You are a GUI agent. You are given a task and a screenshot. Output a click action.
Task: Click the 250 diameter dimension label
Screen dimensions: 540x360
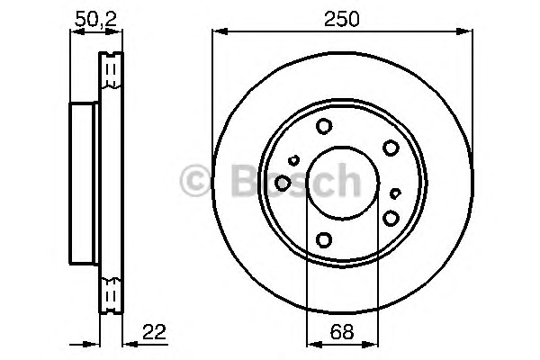(x=341, y=19)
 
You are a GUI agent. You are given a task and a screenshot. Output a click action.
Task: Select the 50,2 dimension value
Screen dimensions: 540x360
(x=96, y=19)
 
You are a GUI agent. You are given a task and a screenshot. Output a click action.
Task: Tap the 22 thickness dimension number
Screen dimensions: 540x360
(x=154, y=332)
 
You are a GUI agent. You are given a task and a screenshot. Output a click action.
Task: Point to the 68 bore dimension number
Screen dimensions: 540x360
(x=342, y=332)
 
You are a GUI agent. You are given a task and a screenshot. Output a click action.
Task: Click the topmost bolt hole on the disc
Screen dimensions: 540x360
(x=324, y=126)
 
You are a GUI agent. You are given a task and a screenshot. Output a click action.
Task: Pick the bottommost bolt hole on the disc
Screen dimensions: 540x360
(x=324, y=239)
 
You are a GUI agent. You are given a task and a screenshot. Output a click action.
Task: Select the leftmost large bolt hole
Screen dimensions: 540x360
(x=283, y=183)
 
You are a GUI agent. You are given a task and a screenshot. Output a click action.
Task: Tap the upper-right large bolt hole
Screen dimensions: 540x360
(x=391, y=148)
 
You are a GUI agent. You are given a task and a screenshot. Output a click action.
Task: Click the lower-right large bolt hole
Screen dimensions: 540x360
(x=391, y=218)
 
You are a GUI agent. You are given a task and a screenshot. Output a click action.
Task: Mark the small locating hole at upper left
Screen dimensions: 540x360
(x=293, y=160)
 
